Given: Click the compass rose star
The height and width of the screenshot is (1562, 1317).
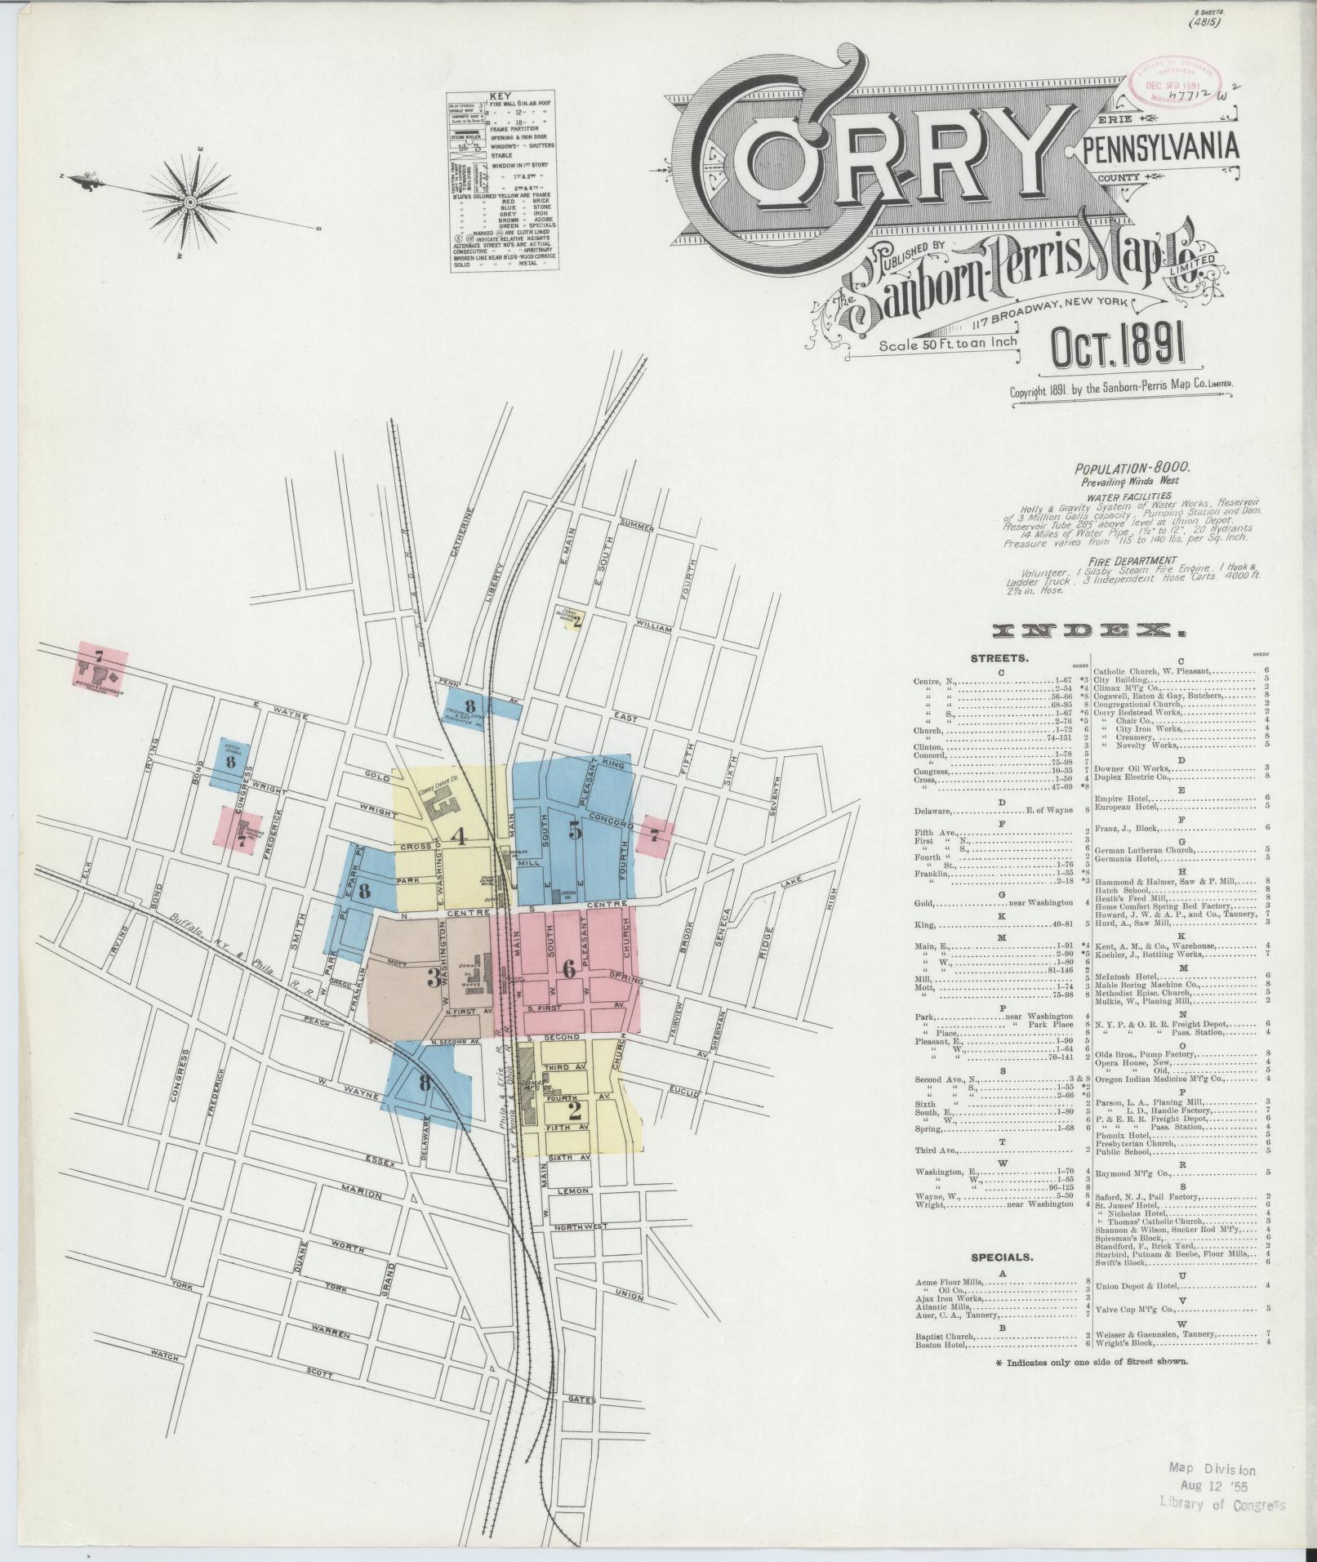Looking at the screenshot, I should [190, 202].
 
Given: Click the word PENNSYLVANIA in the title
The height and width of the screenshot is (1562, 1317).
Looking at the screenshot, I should [1160, 149].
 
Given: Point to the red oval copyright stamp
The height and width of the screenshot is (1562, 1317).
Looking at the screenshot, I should [1174, 86].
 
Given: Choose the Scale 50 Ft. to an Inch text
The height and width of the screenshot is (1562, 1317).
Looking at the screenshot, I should [948, 343].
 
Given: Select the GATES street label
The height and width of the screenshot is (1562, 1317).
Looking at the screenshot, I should [581, 1400].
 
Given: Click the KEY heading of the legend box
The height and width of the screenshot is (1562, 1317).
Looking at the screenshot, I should [499, 96].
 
